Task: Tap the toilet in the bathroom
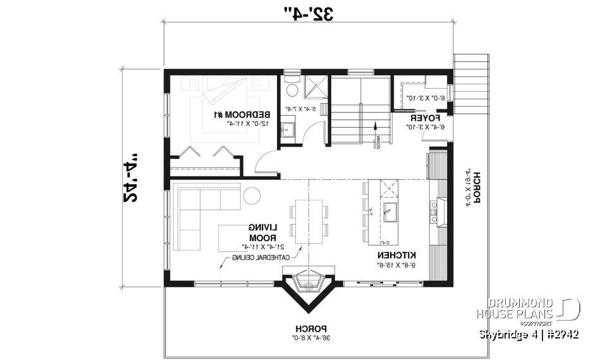click(x=290, y=81)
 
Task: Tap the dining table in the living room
click(x=309, y=221)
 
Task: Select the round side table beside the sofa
click(x=251, y=197)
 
